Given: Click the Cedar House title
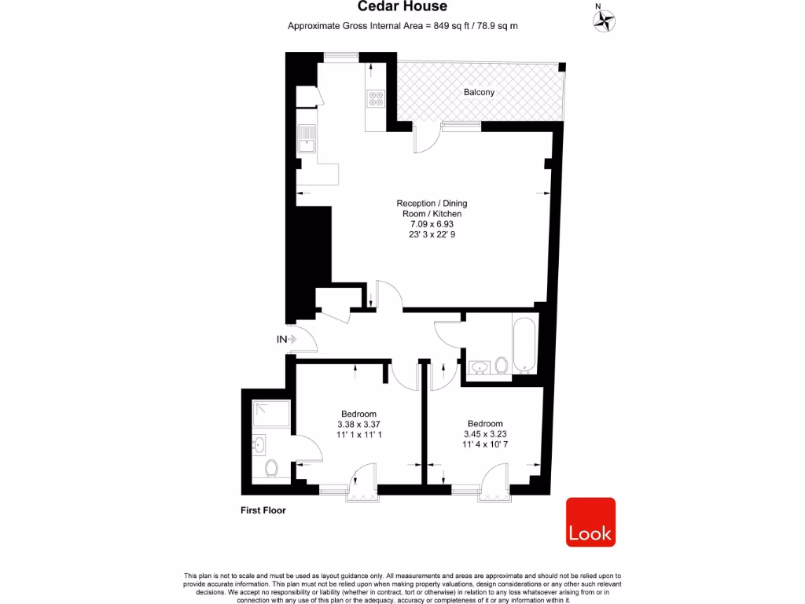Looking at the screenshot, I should (402, 7).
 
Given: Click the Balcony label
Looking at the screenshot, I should (479, 92).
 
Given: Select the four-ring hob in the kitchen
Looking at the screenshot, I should (376, 99).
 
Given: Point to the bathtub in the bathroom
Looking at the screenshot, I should (524, 345).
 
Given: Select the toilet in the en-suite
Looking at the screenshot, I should (272, 469).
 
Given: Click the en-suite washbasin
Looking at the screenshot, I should (259, 444).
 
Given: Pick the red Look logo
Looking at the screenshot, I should (590, 522).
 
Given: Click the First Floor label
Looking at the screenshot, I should (263, 510).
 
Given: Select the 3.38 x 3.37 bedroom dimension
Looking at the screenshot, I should (358, 424).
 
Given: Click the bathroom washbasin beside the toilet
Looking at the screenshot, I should (479, 366).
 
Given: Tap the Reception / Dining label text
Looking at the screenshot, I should (432, 203).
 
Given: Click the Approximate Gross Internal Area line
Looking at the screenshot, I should (402, 26).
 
